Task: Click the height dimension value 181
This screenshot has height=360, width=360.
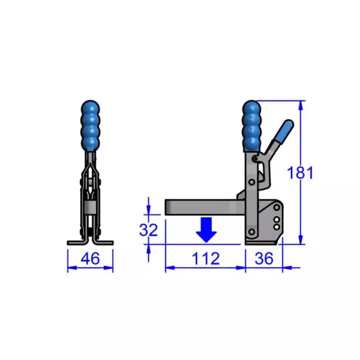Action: pyautogui.click(x=300, y=173)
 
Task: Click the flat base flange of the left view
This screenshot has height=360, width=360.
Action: pyautogui.click(x=90, y=242)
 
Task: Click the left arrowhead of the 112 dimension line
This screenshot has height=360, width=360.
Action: pyautogui.click(x=169, y=266)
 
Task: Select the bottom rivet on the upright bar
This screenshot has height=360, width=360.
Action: pyautogui.click(x=252, y=232)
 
